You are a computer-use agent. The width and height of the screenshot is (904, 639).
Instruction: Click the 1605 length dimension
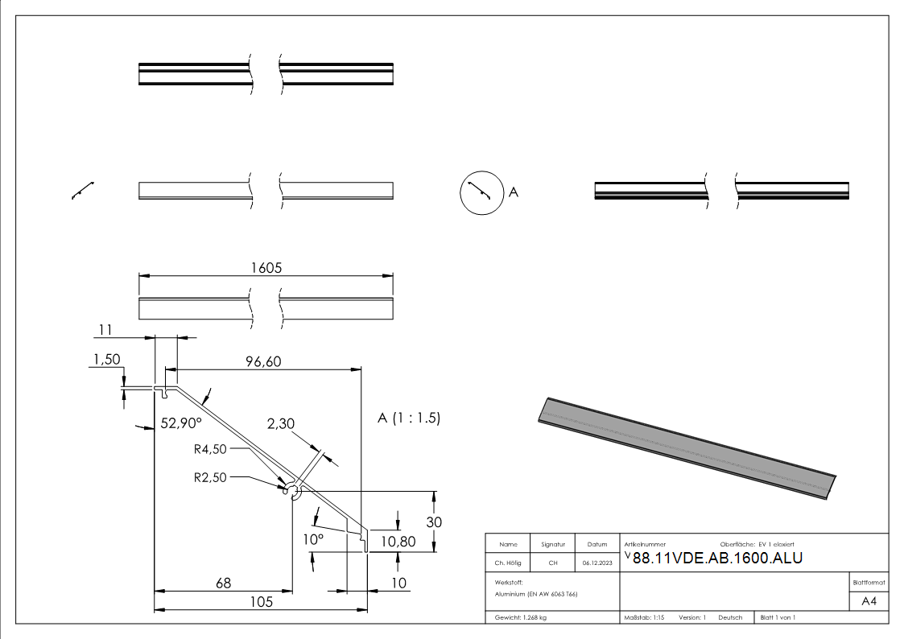266,268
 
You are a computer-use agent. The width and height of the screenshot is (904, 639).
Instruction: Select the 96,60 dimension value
262,362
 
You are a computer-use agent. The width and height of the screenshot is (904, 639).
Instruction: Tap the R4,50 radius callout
210,449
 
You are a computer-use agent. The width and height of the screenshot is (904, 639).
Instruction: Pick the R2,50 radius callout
210,477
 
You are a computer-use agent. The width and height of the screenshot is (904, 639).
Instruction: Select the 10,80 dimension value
397,542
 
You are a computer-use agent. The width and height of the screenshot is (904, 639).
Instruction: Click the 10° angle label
313,538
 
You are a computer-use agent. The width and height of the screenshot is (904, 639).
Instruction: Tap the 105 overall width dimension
260,601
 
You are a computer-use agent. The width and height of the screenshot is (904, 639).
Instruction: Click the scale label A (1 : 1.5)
409,418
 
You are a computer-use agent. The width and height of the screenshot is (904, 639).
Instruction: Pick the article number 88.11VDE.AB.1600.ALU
717,559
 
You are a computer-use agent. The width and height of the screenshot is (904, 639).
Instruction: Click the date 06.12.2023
596,563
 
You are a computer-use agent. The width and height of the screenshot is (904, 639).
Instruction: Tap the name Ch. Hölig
508,563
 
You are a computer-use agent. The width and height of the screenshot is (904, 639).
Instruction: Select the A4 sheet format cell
869,601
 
